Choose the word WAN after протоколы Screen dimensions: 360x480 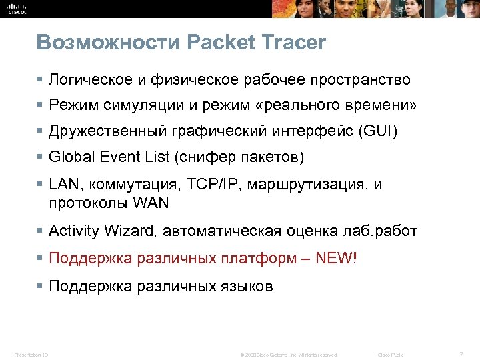click(x=151, y=202)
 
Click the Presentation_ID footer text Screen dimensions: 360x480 click(x=31, y=354)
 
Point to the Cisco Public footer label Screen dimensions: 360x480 click(x=391, y=354)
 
